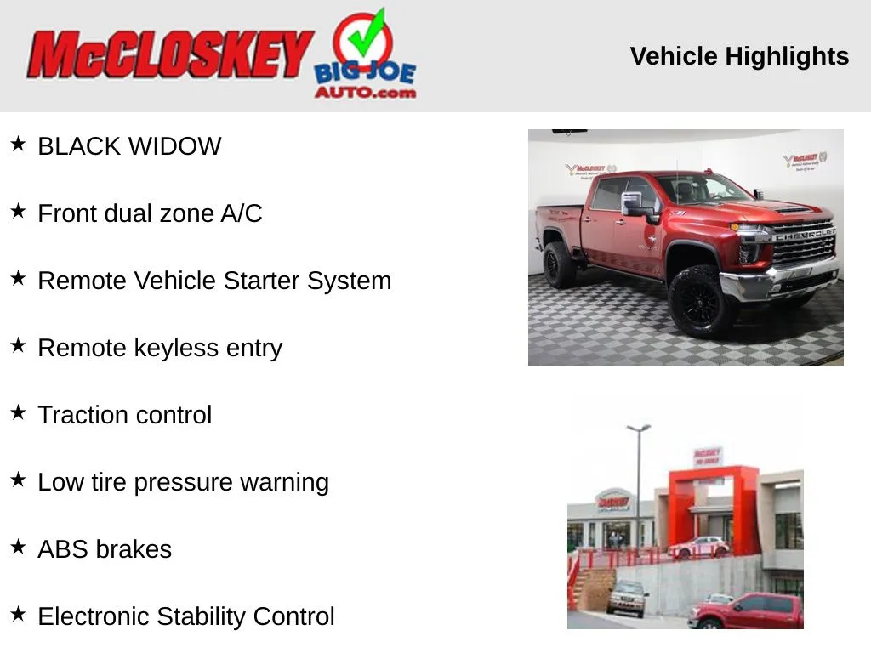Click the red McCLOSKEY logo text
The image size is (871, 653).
170,54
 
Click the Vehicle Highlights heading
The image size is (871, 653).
739,56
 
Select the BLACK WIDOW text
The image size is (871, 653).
129,146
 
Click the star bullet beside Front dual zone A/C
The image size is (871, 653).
19,211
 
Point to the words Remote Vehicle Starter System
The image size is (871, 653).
214,281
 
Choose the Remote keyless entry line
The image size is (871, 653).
160,348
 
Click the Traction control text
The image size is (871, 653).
125,415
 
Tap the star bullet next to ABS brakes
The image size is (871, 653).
19,547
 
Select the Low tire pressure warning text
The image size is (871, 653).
184,482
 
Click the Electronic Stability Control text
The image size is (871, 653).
186,616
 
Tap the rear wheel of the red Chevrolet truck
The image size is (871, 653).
559,265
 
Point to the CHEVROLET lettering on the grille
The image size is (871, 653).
805,235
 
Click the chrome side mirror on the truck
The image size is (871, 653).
634,203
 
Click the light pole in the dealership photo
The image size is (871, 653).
639,489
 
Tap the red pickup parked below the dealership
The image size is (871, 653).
746,610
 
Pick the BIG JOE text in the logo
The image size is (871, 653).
364,74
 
